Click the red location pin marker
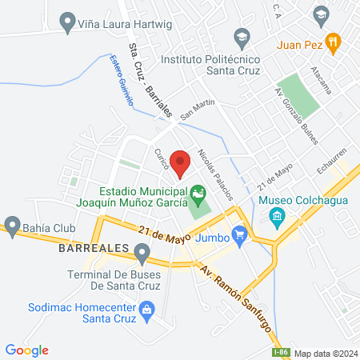coord(181,162)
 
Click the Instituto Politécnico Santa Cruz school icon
coord(240,36)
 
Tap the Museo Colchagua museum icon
coord(277,216)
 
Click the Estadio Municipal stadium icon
coord(197,193)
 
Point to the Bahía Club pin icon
coord(11,223)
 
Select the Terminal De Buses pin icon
coord(142,255)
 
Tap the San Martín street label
coord(198,108)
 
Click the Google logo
coord(27,350)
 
